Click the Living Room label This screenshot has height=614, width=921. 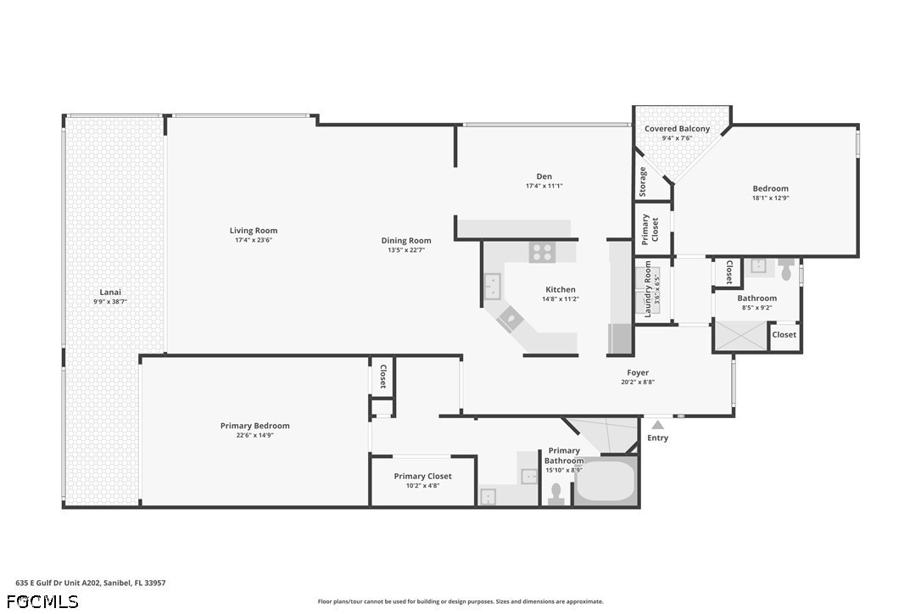[x=254, y=231]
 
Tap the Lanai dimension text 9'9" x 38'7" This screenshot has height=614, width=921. [x=110, y=301]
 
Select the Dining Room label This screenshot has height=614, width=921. [x=406, y=240]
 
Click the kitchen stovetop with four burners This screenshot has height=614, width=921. [x=542, y=252]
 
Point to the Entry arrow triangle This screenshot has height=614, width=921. [x=658, y=425]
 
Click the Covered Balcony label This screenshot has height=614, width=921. [x=678, y=129]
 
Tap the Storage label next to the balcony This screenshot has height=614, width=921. [x=643, y=182]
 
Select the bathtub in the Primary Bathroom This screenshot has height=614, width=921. [x=605, y=480]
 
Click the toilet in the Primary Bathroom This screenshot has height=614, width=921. [x=555, y=493]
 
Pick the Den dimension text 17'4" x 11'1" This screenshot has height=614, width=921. [x=544, y=186]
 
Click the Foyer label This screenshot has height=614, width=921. [x=638, y=372]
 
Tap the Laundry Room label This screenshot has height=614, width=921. [x=649, y=289]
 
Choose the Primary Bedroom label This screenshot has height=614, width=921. [x=255, y=426]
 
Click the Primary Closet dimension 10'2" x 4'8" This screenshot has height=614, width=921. [x=423, y=485]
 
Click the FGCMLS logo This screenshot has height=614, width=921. [x=42, y=601]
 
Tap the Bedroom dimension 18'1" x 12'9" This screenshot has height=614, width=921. [x=771, y=198]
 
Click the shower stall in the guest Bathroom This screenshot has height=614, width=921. [x=740, y=336]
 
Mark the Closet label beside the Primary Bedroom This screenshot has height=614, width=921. [x=383, y=376]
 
